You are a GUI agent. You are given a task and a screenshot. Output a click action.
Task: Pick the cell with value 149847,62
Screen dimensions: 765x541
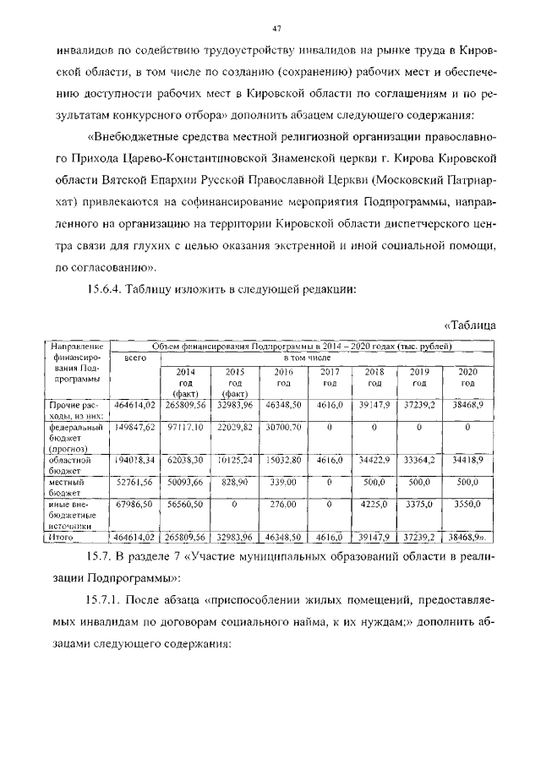tap(135, 429)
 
